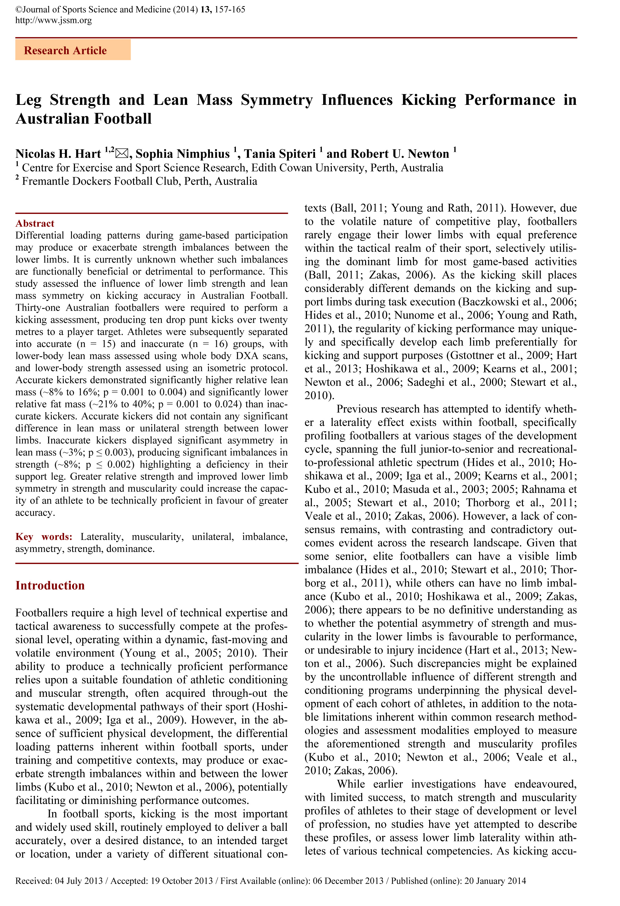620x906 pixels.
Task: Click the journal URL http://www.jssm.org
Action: tap(53, 20)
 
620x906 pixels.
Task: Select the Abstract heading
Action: tap(35, 223)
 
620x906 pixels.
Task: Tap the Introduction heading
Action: tap(50, 586)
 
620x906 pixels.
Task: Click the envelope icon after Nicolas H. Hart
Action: tap(122, 154)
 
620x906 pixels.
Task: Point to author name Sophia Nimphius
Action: tap(182, 154)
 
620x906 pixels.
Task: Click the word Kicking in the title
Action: tap(429, 100)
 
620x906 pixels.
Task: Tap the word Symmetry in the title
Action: tap(276, 100)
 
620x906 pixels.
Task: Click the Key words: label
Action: tap(44, 537)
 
